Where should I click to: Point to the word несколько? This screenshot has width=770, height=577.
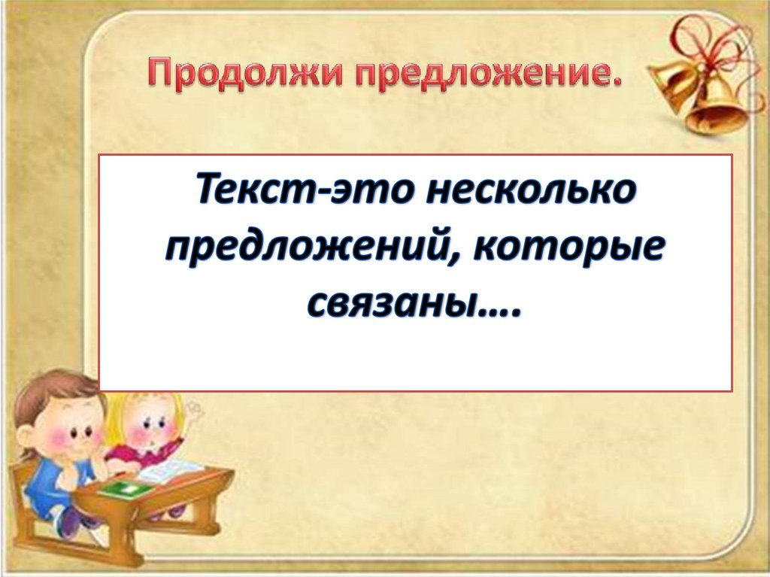pos(529,190)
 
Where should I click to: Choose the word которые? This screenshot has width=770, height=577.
pos(568,249)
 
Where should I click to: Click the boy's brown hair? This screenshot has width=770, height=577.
pos(45,394)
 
